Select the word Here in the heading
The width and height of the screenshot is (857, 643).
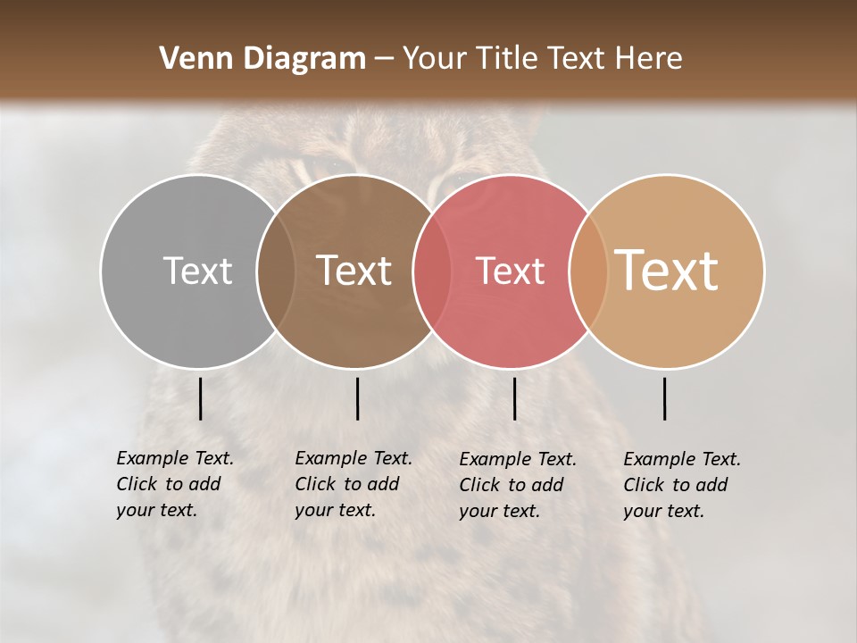tap(649, 59)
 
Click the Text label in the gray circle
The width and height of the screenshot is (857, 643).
tap(197, 271)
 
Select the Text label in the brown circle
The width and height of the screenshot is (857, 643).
tap(354, 271)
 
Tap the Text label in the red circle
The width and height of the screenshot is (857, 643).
tap(510, 271)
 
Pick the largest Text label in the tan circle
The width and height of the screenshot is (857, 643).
tap(667, 270)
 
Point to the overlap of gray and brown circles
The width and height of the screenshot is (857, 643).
tap(276, 271)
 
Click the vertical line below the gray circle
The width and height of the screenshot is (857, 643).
tap(200, 398)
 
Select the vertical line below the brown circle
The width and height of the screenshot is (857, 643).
tap(357, 398)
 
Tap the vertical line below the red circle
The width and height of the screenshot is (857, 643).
tap(514, 398)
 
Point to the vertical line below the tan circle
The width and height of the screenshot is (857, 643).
tap(665, 398)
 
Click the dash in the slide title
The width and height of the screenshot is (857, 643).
tap(384, 59)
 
